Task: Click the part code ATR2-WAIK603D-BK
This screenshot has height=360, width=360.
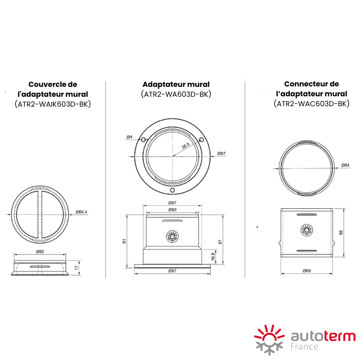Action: click(53, 104)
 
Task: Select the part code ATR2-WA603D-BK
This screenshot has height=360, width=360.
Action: click(176, 94)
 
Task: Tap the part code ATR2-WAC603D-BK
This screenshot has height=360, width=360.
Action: click(311, 104)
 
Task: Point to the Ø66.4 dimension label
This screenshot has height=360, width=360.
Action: click(81, 212)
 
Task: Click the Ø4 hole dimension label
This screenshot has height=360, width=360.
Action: click(130, 137)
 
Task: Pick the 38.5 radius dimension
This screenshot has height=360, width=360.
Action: click(185, 145)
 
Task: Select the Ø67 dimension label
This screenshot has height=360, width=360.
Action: click(172, 203)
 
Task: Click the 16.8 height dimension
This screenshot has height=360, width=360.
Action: click(213, 256)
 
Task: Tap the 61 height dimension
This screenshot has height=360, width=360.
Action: click(124, 241)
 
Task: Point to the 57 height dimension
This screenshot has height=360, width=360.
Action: click(220, 242)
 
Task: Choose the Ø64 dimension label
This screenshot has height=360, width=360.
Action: click(345, 165)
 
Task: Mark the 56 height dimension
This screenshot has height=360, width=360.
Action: click(341, 232)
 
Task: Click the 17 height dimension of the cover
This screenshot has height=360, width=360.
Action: click(76, 267)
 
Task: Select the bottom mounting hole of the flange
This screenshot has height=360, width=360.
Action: click(172, 190)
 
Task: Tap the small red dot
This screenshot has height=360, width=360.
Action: click(257, 227)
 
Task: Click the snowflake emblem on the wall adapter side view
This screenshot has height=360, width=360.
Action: click(172, 236)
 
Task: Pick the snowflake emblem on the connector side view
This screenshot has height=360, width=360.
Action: click(307, 230)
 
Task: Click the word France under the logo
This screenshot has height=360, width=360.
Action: click(305, 346)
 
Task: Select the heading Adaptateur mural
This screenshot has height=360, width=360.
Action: click(176, 85)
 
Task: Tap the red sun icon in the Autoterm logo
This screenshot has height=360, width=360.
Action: click(269, 333)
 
